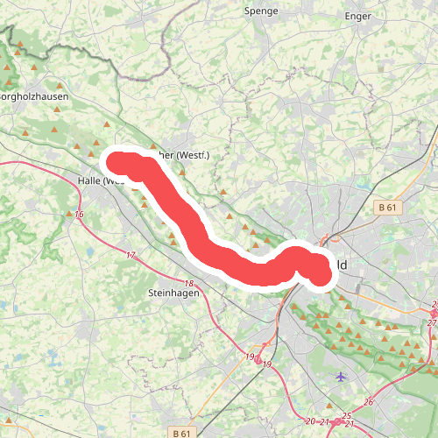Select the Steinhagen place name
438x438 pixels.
[x=174, y=293]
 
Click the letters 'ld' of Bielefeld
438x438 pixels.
[x=339, y=265]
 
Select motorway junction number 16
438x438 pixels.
[x=80, y=215]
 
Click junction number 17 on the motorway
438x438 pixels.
[x=131, y=256]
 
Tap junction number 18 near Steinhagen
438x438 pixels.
[x=190, y=284]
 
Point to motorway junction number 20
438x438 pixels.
[x=310, y=421]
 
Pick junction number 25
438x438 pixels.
[x=347, y=415]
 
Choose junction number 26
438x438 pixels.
[x=369, y=402]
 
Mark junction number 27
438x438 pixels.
[x=432, y=323]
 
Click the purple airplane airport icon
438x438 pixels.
[x=341, y=377]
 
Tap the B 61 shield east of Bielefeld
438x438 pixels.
[x=388, y=208]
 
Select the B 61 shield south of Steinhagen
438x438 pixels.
[x=181, y=433]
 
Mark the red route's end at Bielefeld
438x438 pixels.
[x=321, y=275]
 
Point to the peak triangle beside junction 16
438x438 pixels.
[x=69, y=214]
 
